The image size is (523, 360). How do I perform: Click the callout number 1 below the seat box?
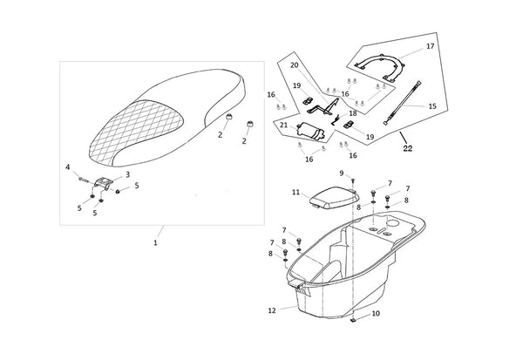(x=155, y=243)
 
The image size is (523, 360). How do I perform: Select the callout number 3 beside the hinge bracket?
(x=127, y=174)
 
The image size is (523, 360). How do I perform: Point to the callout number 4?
(x=68, y=166)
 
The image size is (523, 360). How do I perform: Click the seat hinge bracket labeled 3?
(x=103, y=184)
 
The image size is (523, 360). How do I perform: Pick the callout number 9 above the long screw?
(x=341, y=173)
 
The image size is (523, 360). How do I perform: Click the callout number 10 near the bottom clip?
(x=376, y=314)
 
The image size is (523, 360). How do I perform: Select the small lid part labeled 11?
(x=334, y=198)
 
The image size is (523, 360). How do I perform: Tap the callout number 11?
(x=295, y=193)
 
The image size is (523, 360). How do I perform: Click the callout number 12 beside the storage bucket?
(x=272, y=310)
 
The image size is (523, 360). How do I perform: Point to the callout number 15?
(x=432, y=106)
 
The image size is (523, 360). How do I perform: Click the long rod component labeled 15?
(x=404, y=103)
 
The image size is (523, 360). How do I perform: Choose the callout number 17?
(x=431, y=46)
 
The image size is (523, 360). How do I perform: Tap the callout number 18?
(x=353, y=113)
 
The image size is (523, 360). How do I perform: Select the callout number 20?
(x=295, y=65)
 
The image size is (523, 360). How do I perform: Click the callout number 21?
(x=284, y=126)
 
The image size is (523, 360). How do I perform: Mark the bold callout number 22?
(x=408, y=148)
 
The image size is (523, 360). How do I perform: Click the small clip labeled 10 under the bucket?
(x=353, y=321)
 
